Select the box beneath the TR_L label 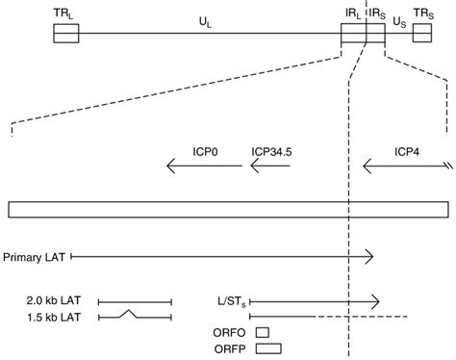pyautogui.click(x=66, y=34)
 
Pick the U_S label pyautogui.click(x=399, y=20)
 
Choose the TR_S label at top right pyautogui.click(x=423, y=12)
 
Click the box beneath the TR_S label pyautogui.click(x=423, y=34)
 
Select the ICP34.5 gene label pyautogui.click(x=270, y=151)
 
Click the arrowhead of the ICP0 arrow pyautogui.click(x=171, y=167)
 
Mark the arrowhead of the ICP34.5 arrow pyautogui.click(x=254, y=167)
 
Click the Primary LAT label pyautogui.click(x=35, y=256)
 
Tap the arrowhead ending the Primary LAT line pyautogui.click(x=370, y=256)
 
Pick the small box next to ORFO pyautogui.click(x=262, y=332)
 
